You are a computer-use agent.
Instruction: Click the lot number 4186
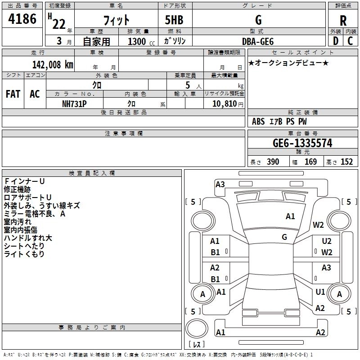point(22,20)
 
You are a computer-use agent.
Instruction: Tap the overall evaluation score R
point(343,21)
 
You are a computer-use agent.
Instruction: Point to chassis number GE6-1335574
point(302,143)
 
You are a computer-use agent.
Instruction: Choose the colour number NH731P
point(74,103)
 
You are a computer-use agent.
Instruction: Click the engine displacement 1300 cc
point(137,41)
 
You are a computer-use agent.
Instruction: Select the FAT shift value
point(13,94)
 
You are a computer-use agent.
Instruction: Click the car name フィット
point(116,20)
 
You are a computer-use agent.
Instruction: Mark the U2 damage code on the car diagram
point(326,242)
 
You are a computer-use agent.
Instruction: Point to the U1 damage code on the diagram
point(320,292)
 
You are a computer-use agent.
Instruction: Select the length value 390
point(273,162)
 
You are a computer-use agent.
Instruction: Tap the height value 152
point(346,162)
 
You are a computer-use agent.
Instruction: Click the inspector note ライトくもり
point(24,254)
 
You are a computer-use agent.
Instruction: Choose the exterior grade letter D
point(335,41)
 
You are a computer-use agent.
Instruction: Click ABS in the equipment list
point(258,121)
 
